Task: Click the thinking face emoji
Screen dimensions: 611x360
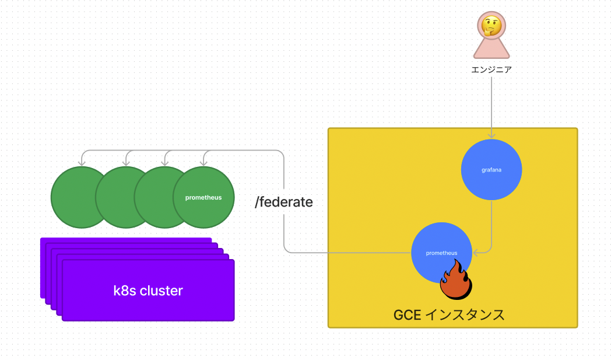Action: pyautogui.click(x=491, y=26)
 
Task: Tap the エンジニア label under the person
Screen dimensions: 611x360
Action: pyautogui.click(x=491, y=70)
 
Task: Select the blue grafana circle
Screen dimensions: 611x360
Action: pyautogui.click(x=491, y=170)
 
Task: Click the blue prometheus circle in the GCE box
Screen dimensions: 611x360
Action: pyautogui.click(x=441, y=253)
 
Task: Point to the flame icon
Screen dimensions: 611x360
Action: pyautogui.click(x=456, y=279)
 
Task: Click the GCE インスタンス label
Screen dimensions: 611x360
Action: pyautogui.click(x=449, y=314)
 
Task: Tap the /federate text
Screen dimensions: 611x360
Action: pyautogui.click(x=284, y=202)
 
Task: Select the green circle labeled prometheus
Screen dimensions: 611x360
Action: pyautogui.click(x=203, y=197)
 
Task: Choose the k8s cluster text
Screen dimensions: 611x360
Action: pyautogui.click(x=148, y=291)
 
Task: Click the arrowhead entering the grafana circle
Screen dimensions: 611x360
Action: pyautogui.click(x=491, y=136)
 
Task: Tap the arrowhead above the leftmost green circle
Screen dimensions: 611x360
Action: pyautogui.click(x=82, y=163)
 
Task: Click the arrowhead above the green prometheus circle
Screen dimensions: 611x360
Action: pyautogui.click(x=203, y=163)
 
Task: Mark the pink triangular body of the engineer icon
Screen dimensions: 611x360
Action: pyautogui.click(x=491, y=49)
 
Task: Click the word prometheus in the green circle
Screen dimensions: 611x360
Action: pyautogui.click(x=203, y=197)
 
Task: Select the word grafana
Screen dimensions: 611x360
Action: pyautogui.click(x=491, y=170)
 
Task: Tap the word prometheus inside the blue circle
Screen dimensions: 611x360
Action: pyautogui.click(x=441, y=253)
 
